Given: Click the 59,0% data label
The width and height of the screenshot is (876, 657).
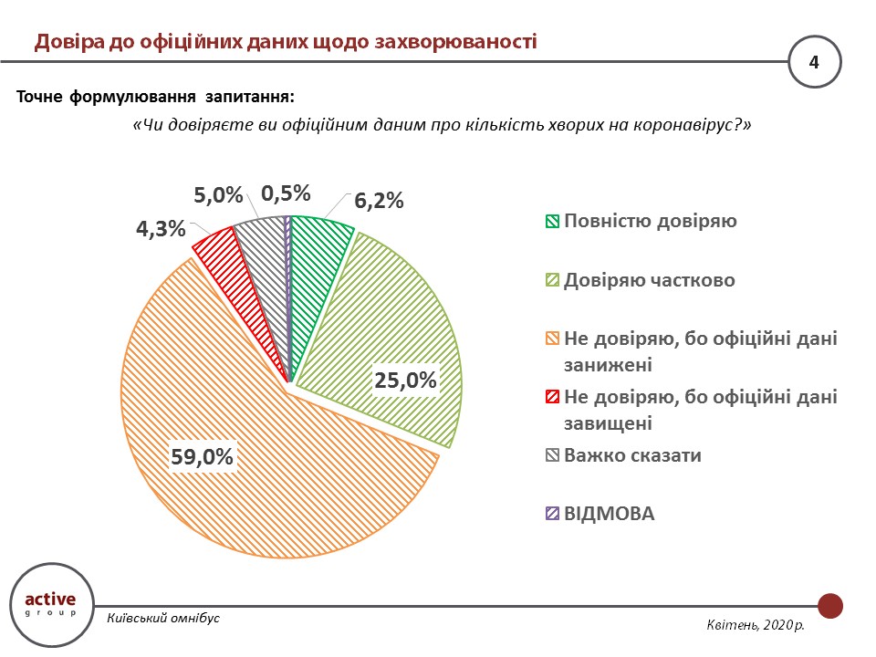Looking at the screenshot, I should (x=203, y=457).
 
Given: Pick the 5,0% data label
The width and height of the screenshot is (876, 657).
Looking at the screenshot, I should (x=219, y=194).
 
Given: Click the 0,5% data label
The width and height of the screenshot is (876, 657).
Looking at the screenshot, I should (x=287, y=193).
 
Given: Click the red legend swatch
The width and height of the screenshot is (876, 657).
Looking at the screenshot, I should (x=552, y=398).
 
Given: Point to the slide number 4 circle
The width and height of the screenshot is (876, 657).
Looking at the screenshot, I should (x=814, y=61).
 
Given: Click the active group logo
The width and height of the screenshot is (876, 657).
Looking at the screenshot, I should (x=51, y=604).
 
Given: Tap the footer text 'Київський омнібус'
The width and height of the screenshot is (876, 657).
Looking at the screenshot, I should (x=163, y=618).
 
